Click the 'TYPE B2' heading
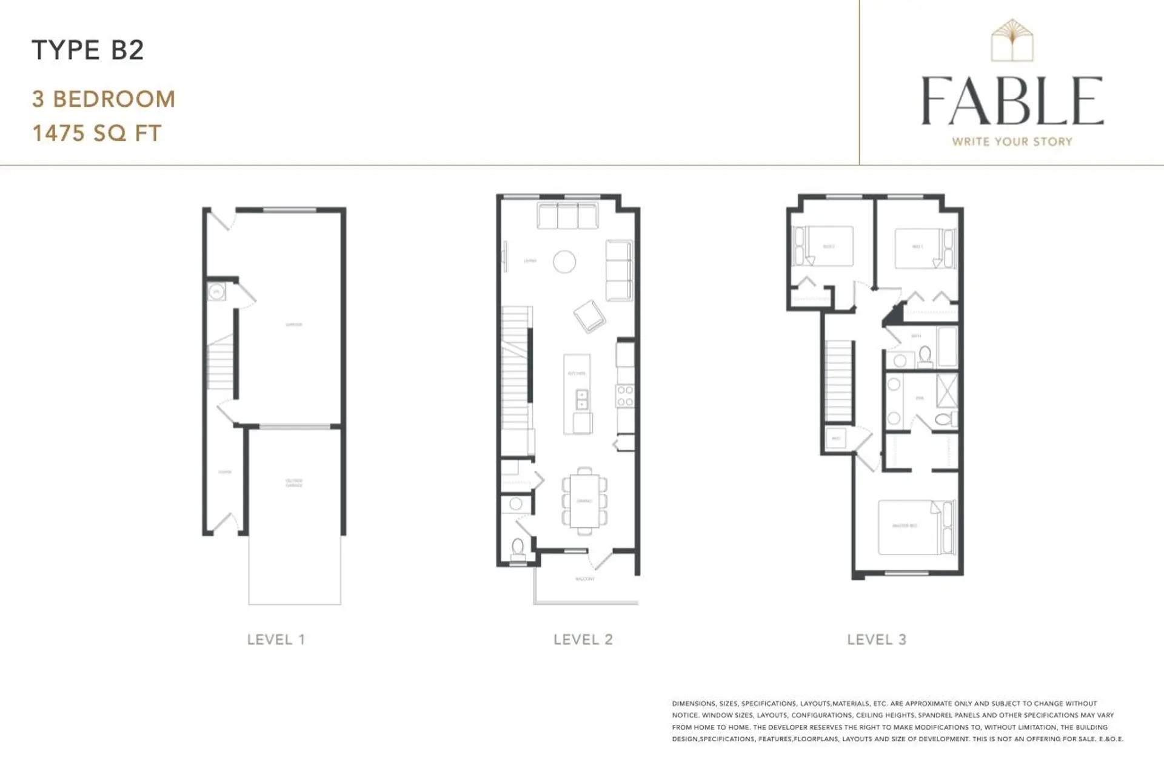click(x=87, y=50)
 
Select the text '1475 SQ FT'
click(x=97, y=133)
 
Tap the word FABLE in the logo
click(x=1012, y=101)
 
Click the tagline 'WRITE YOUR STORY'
click(x=1012, y=141)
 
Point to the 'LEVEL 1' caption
click(x=276, y=639)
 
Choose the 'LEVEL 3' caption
click(x=877, y=639)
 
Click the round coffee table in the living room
click(x=564, y=262)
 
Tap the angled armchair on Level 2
click(x=589, y=316)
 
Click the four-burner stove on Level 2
click(x=625, y=396)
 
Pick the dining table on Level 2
click(x=584, y=501)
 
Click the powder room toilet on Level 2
click(x=518, y=547)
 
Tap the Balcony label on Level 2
click(x=585, y=579)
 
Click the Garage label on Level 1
click(x=294, y=325)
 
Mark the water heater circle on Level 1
click(x=216, y=292)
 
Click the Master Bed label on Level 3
click(x=905, y=526)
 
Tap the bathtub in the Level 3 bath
click(x=947, y=346)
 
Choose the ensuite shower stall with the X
click(x=946, y=391)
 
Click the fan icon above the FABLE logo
click(x=1012, y=40)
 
